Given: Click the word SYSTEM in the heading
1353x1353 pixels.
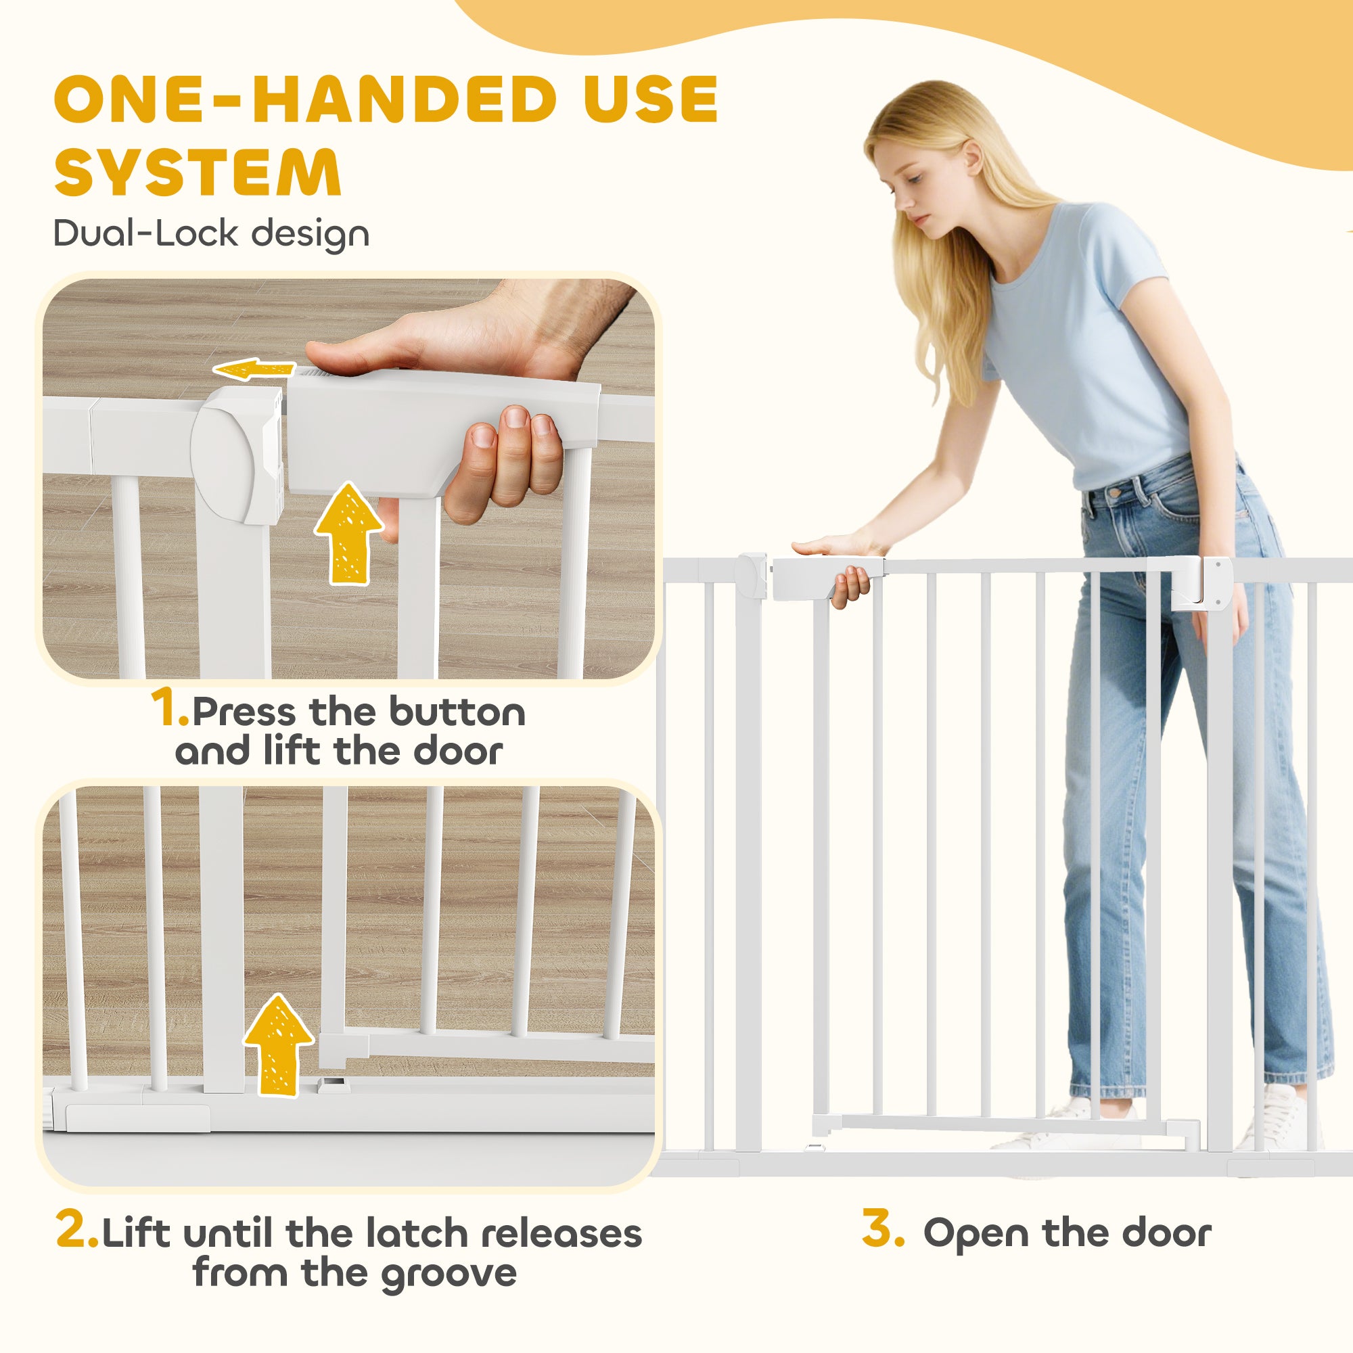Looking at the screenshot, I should (198, 172).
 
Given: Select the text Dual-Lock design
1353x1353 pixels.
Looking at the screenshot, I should (211, 233).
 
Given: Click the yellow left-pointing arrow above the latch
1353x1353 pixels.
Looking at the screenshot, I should (253, 369).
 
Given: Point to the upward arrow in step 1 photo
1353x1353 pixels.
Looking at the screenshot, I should (348, 534).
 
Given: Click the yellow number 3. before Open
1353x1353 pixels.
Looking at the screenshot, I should (883, 1228).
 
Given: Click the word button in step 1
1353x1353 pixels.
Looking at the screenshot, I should (457, 712).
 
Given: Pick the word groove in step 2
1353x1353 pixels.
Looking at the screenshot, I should (449, 1272).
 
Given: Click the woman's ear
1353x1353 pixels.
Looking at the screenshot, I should (974, 157).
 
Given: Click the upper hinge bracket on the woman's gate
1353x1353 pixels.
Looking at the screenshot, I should (1200, 580).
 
